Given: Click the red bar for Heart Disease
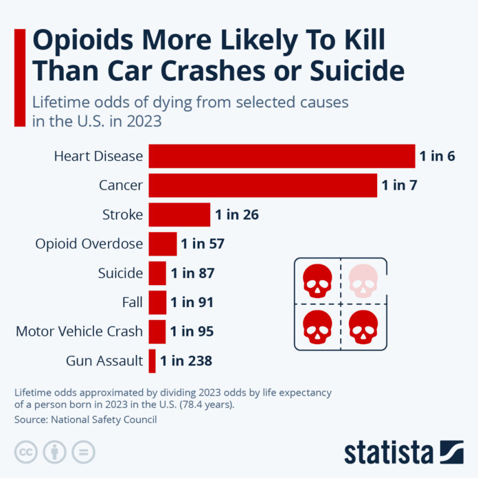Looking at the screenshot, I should (x=282, y=156).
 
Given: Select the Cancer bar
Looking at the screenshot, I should (x=262, y=185).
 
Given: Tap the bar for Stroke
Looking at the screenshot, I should (x=179, y=214).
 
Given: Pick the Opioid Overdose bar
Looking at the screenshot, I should (x=163, y=244).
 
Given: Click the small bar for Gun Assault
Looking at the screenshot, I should (x=152, y=361).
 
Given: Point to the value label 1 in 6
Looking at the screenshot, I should (x=437, y=156).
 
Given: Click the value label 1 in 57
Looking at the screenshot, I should (x=203, y=244).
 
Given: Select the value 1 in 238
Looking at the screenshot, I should (x=186, y=361).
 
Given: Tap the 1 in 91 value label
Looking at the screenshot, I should (x=192, y=302).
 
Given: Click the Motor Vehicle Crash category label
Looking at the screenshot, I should (x=79, y=332).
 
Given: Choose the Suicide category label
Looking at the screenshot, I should (x=120, y=273).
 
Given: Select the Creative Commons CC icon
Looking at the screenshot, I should (x=25, y=451).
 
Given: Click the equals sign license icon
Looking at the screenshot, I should (x=83, y=451).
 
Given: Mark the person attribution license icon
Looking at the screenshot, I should (x=54, y=451).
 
